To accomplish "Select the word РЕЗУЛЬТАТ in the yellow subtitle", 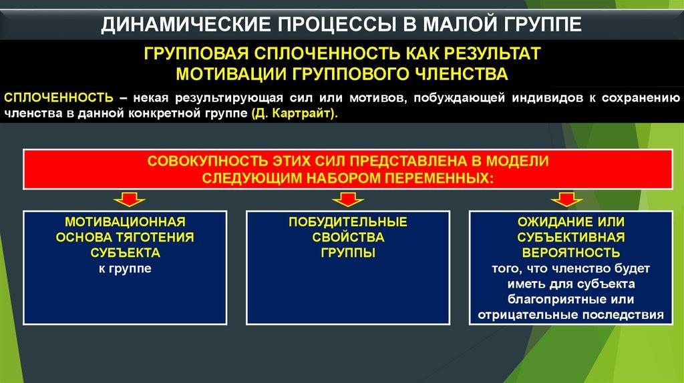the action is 492,53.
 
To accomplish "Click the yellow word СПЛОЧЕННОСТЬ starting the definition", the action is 59,97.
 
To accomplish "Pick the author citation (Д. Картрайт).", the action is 295,113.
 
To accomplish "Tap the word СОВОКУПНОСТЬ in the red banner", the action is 208,161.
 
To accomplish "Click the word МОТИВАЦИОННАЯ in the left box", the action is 125,222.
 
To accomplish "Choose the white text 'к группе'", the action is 125,268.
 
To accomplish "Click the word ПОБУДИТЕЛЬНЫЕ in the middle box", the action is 347,222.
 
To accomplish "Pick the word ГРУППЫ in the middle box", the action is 348,253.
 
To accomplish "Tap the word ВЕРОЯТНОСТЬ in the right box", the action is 571,253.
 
